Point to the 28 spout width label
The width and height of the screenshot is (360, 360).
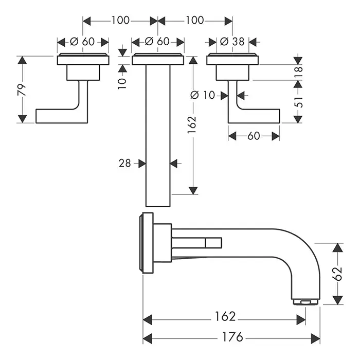[x=124, y=164]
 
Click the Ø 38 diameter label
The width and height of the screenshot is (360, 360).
[x=232, y=42]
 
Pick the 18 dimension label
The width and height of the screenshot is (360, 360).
[x=299, y=72]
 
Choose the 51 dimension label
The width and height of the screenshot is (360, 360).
[x=299, y=101]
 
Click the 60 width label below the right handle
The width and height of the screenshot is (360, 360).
[x=254, y=136]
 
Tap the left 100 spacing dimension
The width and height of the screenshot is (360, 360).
[x=120, y=21]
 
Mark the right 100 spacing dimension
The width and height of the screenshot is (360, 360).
[x=195, y=21]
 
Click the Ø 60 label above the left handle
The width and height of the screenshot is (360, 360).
[x=82, y=42]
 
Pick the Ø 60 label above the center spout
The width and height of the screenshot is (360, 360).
[x=157, y=42]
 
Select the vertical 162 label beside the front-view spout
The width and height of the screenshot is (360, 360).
[x=192, y=123]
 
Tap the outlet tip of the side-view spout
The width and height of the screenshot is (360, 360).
[x=306, y=301]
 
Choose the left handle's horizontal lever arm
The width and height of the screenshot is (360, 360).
[x=57, y=116]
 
